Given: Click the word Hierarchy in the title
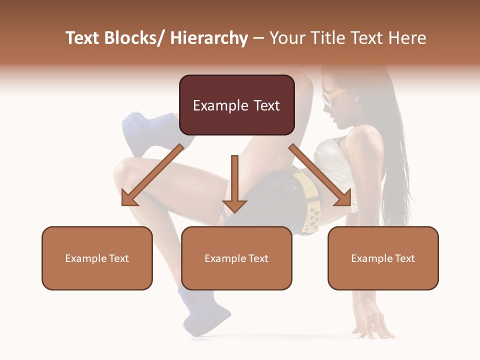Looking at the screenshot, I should (x=208, y=38).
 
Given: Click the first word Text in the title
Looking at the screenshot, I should (x=82, y=38).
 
